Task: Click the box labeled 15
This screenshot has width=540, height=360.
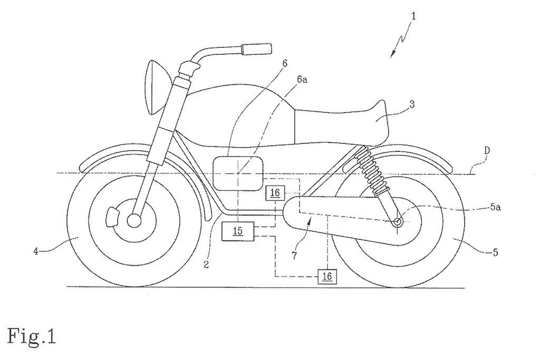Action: coord(238,231)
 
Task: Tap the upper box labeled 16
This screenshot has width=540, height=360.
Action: coord(275,193)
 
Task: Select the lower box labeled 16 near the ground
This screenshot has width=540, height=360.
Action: coord(327,276)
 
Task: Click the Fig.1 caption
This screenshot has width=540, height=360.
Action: coord(31,336)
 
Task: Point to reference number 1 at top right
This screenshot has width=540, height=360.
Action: coord(413,16)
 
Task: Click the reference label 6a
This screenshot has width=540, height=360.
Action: coord(302,80)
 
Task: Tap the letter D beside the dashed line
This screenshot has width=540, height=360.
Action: coord(487,150)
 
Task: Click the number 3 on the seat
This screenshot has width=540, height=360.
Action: coord(412,104)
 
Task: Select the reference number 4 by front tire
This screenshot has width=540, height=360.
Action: coord(35,251)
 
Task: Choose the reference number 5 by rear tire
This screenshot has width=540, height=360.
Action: coord(495,252)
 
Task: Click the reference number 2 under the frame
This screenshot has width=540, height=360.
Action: coord(206,265)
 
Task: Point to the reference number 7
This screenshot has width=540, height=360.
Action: coord(294,256)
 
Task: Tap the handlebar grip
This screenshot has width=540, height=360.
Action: coord(257,49)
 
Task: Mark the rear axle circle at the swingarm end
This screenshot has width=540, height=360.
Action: coord(398,222)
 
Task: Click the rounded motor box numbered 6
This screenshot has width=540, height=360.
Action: coord(238,173)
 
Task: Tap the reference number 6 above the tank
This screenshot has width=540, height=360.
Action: coord(284,63)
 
